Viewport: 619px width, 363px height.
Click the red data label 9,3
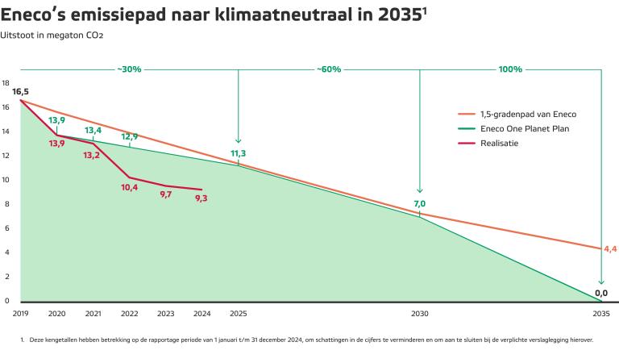pyautogui.click(x=201, y=198)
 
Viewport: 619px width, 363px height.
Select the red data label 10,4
pyautogui.click(x=129, y=187)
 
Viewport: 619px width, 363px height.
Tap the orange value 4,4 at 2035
pyautogui.click(x=609, y=248)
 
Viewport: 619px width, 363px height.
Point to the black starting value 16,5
pyautogui.click(x=20, y=92)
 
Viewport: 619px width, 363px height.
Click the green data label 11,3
pyautogui.click(x=238, y=153)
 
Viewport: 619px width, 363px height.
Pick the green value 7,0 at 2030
pyautogui.click(x=419, y=204)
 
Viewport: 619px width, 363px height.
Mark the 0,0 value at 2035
pyautogui.click(x=600, y=293)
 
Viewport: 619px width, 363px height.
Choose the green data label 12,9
pyautogui.click(x=129, y=136)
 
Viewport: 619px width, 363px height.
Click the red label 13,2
pyautogui.click(x=91, y=155)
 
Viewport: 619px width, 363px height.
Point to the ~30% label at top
pyautogui.click(x=128, y=69)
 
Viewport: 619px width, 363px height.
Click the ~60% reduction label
pyautogui.click(x=328, y=69)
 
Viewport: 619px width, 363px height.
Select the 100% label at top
pyautogui.click(x=510, y=69)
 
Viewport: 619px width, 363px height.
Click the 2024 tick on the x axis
pyautogui.click(x=201, y=313)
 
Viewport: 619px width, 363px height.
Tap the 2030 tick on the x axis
pyautogui.click(x=419, y=313)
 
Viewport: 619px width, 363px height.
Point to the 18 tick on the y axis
pyautogui.click(x=6, y=83)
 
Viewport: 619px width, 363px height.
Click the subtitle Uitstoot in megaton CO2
pyautogui.click(x=52, y=35)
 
